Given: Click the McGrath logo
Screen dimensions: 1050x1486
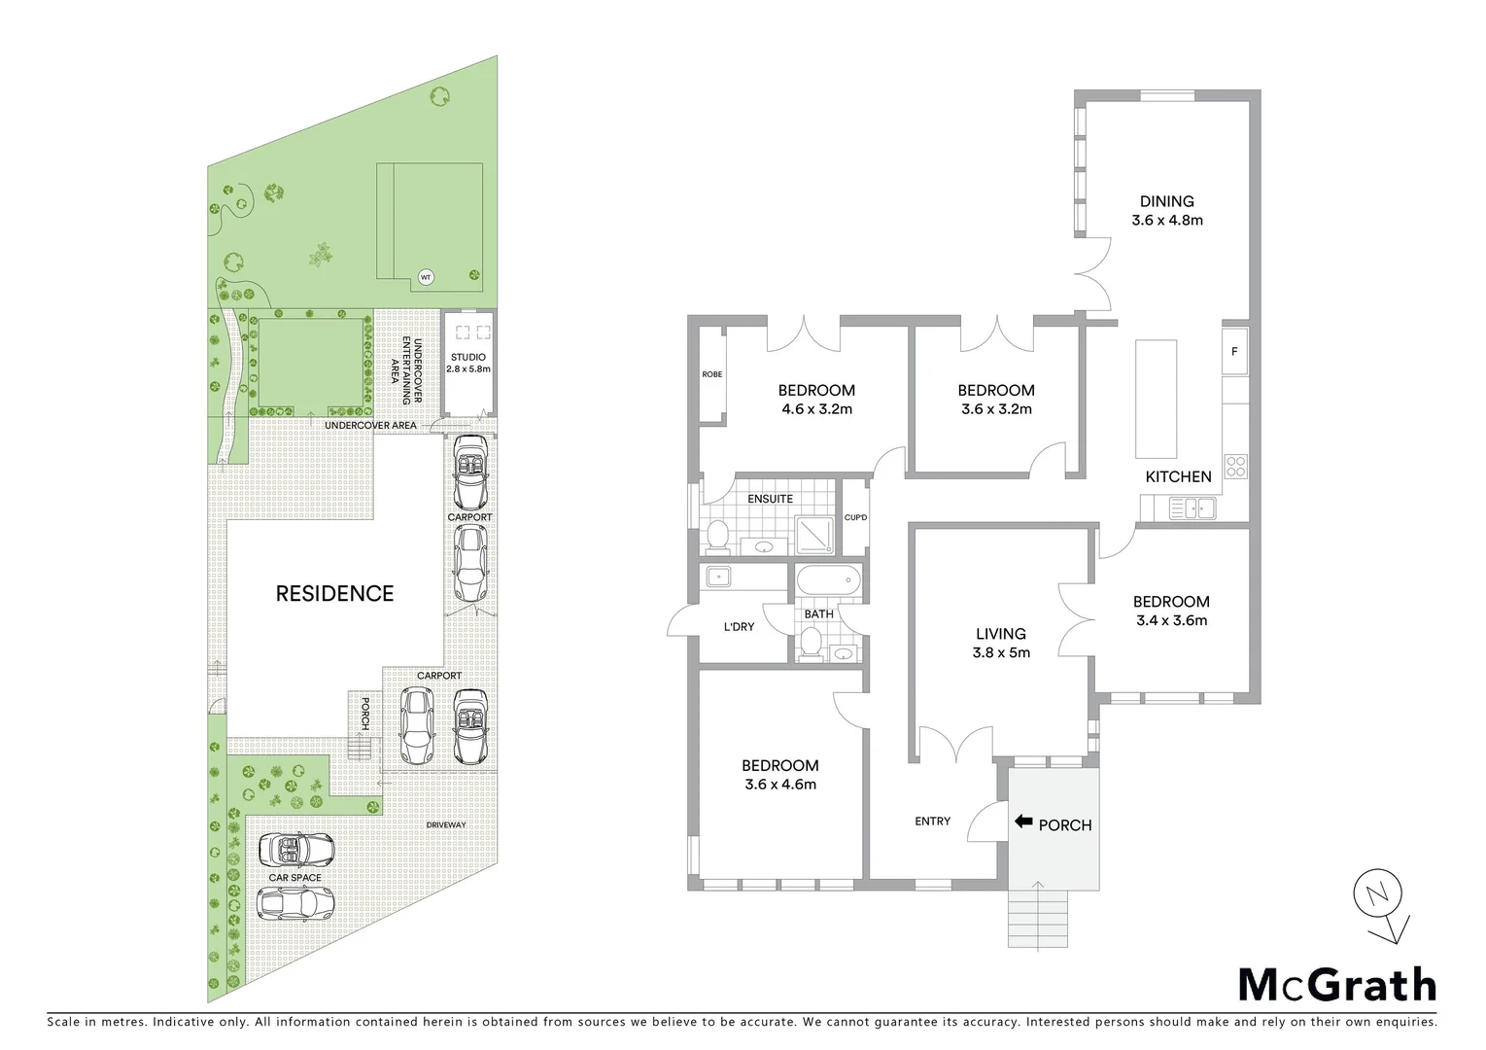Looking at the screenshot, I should click(x=1336, y=985).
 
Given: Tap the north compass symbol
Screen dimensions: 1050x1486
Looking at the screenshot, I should click(x=1379, y=894).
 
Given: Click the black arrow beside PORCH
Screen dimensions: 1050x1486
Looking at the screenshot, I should click(x=1022, y=822).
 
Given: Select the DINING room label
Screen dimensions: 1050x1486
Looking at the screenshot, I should click(x=1166, y=201).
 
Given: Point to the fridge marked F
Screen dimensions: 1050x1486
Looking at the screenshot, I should click(x=1234, y=352).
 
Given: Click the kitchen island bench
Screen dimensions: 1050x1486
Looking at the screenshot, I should click(x=1156, y=399).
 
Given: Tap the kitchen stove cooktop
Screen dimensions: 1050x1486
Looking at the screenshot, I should click(x=1235, y=466).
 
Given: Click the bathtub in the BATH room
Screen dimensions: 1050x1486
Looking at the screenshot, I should click(x=828, y=581).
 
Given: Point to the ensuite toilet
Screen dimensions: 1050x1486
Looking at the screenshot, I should click(x=717, y=534).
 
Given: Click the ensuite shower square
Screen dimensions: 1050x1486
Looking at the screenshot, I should click(x=815, y=534).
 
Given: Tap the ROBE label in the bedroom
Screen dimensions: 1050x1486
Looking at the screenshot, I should click(x=711, y=374).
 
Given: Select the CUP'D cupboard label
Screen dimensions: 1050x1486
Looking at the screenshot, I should click(x=855, y=517).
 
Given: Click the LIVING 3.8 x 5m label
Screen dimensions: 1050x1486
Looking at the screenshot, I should click(x=1001, y=643).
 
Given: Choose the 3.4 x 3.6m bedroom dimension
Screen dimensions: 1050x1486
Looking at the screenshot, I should click(x=1171, y=620).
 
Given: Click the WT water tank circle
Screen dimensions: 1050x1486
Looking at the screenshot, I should click(x=425, y=277).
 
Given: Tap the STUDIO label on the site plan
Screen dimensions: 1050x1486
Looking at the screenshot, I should click(x=468, y=358).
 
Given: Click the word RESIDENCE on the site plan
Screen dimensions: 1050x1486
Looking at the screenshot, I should click(x=334, y=593).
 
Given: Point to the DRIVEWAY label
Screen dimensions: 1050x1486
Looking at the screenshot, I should click(x=446, y=824).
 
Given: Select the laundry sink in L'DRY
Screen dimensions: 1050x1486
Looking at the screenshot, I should click(x=718, y=576).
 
